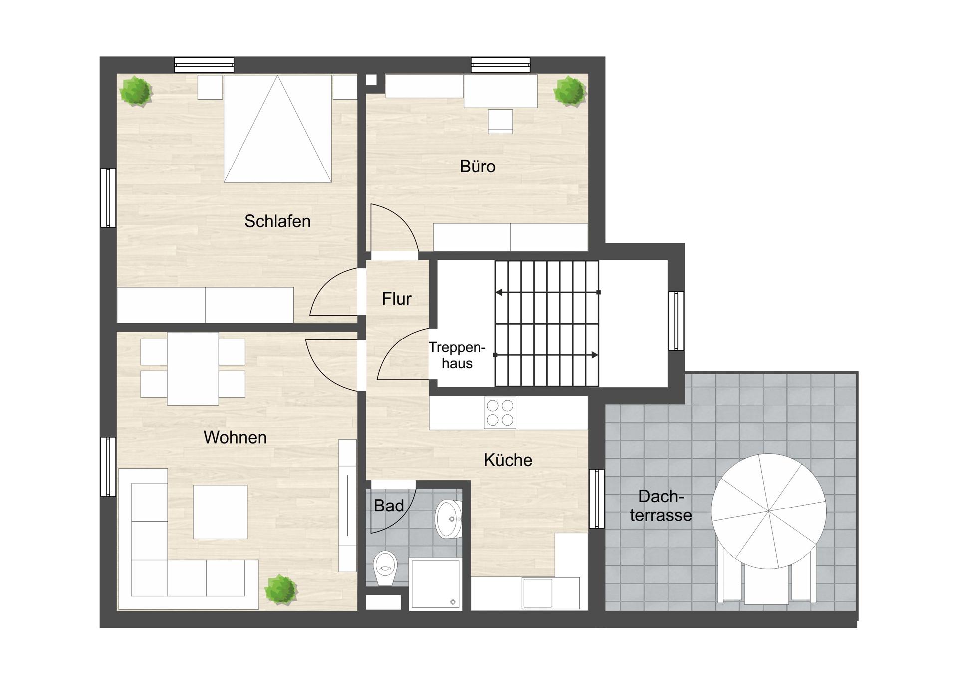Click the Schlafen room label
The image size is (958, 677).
point(277,221)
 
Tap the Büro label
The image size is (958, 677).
point(478,167)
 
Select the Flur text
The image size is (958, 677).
point(397,299)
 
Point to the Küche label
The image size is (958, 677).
point(508,460)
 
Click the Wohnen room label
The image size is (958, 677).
point(235,437)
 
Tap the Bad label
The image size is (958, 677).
point(389,506)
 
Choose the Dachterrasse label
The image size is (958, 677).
point(661,506)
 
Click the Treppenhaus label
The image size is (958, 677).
point(457,355)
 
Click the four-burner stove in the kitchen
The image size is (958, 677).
point(500,413)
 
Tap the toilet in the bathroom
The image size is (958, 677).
point(385,569)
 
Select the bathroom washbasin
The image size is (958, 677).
point(449,519)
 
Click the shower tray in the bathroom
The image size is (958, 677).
point(435,584)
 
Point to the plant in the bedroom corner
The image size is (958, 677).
point(136,91)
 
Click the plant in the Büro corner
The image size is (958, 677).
point(569,91)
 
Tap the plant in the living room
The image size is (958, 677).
point(281,589)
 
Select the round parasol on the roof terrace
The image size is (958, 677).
point(768,511)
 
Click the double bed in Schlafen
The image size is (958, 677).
point(277,129)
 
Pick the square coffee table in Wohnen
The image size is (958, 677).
point(220,512)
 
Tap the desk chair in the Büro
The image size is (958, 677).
point(500,121)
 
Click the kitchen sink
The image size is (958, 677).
point(538,593)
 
